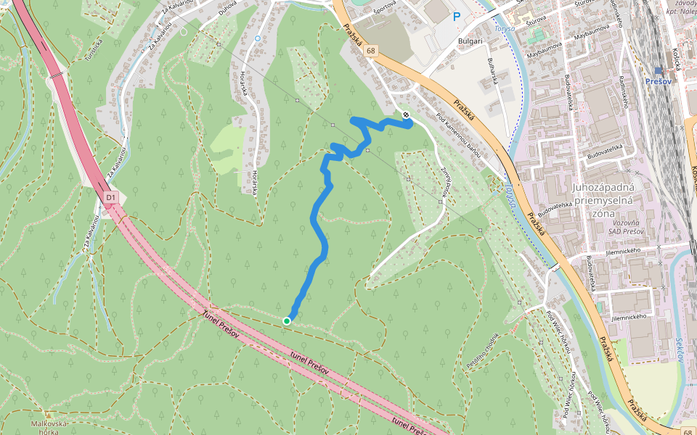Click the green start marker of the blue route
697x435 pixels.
[287, 320]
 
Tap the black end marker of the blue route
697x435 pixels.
[406, 115]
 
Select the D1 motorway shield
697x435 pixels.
[110, 196]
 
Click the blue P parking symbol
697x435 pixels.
[457, 17]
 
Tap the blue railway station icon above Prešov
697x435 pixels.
[659, 70]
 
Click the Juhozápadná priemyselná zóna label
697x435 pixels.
[604, 200]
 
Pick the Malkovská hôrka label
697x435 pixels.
[49, 427]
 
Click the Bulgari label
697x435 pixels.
[470, 41]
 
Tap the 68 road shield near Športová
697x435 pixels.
[372, 50]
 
